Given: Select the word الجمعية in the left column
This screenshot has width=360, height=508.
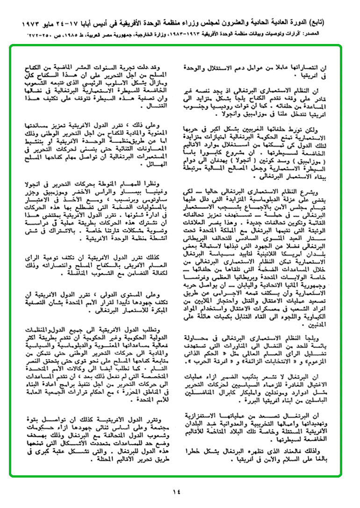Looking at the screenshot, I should click(41, 394).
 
